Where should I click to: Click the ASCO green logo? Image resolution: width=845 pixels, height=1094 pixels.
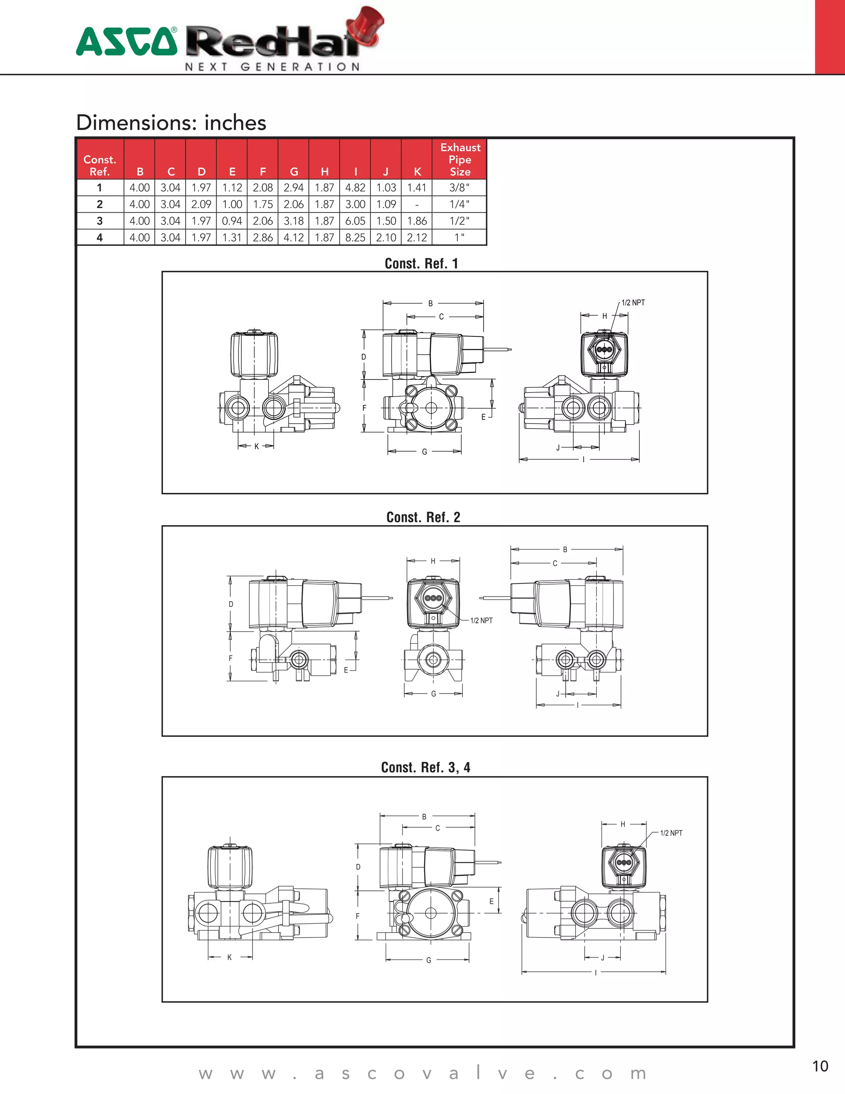[127, 42]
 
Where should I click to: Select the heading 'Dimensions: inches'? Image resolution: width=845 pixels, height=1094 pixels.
[171, 123]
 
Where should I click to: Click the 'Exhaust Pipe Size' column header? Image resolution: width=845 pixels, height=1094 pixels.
[460, 159]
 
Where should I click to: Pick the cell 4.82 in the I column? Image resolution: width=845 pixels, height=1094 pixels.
[355, 188]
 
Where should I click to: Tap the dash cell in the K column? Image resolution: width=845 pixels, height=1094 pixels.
[416, 204]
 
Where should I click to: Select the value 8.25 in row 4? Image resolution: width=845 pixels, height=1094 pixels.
[355, 237]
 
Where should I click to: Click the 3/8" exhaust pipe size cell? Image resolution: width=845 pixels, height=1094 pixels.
[459, 188]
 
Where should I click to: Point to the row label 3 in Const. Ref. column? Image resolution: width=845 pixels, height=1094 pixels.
[99, 221]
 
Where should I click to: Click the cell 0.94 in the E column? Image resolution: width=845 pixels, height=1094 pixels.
[232, 221]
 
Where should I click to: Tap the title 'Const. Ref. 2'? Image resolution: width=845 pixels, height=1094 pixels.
[423, 517]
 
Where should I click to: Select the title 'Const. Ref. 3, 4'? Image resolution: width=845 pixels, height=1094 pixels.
[425, 767]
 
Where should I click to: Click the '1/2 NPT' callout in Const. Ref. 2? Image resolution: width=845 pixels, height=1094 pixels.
[481, 620]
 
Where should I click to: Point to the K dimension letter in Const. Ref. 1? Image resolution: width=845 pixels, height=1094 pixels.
[256, 446]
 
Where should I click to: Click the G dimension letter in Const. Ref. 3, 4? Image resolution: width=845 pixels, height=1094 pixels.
[429, 960]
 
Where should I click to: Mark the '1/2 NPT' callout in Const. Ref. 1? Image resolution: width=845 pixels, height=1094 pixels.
[633, 303]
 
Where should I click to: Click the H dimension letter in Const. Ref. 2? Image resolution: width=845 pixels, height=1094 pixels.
[433, 561]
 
